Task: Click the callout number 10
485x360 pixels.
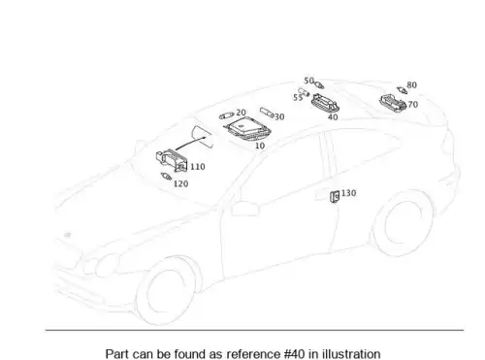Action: coord(260,146)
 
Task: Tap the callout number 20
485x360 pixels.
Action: coord(241,113)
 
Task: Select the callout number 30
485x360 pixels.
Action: coord(279,117)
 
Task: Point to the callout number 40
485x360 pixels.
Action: coord(333,117)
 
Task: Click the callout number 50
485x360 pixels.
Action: coord(308,81)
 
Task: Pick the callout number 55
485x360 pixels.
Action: coord(298,97)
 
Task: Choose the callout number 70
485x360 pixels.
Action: coord(413,105)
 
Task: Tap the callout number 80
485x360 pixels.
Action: coord(411,85)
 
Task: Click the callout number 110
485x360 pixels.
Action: coord(198,167)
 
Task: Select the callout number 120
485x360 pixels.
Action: coord(180,184)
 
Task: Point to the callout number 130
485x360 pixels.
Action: coord(348,193)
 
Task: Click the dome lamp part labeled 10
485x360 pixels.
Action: coord(246,129)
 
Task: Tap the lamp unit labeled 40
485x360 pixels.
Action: coord(325,103)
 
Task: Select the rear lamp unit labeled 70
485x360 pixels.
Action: coord(393,103)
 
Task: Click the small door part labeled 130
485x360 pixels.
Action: coord(335,197)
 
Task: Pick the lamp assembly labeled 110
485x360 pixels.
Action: coord(172,160)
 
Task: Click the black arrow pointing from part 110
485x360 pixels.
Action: coord(191,144)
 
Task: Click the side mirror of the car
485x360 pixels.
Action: coord(245,209)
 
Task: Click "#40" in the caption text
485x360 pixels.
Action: coord(294,354)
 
